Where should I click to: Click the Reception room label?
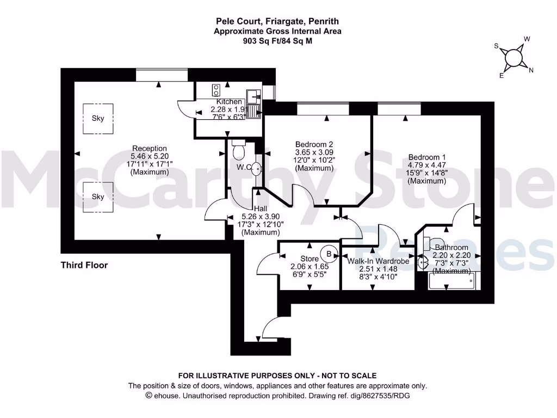click(x=150, y=149)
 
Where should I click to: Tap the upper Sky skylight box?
click(x=98, y=119)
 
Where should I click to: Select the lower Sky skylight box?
click(x=98, y=196)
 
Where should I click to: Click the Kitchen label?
click(x=229, y=102)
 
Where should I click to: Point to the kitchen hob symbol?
click(x=216, y=90)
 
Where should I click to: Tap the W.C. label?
click(x=243, y=167)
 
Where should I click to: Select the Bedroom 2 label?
click(x=314, y=144)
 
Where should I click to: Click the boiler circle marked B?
click(x=329, y=253)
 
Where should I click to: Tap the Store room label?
click(x=310, y=259)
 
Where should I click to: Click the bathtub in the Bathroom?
click(x=451, y=281)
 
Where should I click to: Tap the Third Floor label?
click(x=84, y=265)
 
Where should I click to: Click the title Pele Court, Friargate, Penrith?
click(x=277, y=22)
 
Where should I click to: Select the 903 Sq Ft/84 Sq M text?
click(x=277, y=40)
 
